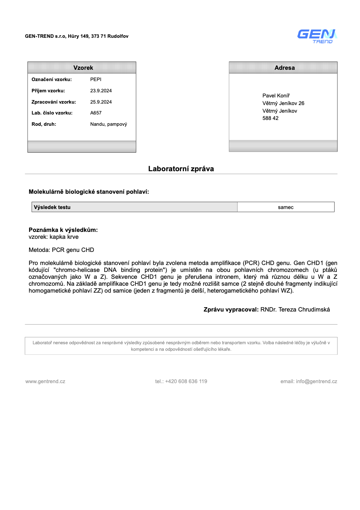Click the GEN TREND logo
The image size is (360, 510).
pyautogui.click(x=317, y=36)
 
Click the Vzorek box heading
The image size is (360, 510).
pyautogui.click(x=83, y=68)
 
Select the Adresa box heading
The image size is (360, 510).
pyautogui.click(x=284, y=68)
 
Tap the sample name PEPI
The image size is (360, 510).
pyautogui.click(x=96, y=79)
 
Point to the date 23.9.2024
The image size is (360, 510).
pyautogui.click(x=101, y=91)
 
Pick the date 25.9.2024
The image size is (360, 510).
pyautogui.click(x=101, y=102)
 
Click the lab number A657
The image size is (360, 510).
pyautogui.click(x=96, y=113)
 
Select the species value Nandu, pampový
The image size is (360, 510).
pyautogui.click(x=109, y=124)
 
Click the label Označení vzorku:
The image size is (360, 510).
pyautogui.click(x=52, y=79)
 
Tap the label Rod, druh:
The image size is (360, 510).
pyautogui.click(x=44, y=124)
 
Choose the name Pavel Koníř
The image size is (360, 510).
pyautogui.click(x=276, y=96)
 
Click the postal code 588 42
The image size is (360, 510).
pyautogui.click(x=270, y=118)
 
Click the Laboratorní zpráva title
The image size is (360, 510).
pyautogui.click(x=181, y=169)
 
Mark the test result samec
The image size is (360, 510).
pyautogui.click(x=286, y=207)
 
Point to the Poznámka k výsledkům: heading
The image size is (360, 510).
pyautogui.click(x=63, y=230)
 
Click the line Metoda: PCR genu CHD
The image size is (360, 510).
pyautogui.click(x=61, y=250)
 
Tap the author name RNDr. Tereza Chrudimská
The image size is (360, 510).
pyautogui.click(x=295, y=309)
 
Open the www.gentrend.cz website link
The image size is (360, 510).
pyautogui.click(x=45, y=381)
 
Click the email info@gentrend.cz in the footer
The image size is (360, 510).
pyautogui.click(x=316, y=381)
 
